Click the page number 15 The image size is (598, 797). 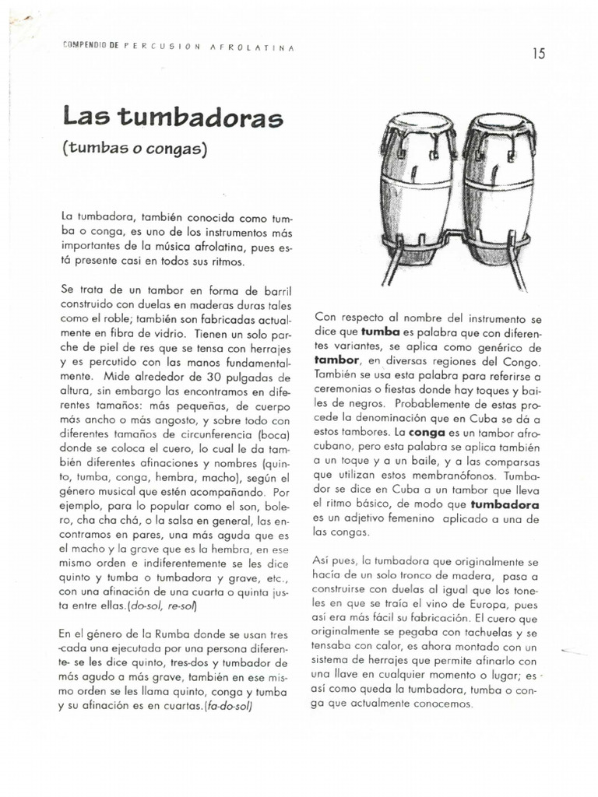click(539, 53)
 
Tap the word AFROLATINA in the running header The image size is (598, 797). click(252, 47)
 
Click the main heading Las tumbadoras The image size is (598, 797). click(173, 118)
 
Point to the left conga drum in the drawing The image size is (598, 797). click(417, 191)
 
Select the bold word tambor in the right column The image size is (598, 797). click(337, 360)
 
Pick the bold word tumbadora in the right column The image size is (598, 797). click(505, 504)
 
